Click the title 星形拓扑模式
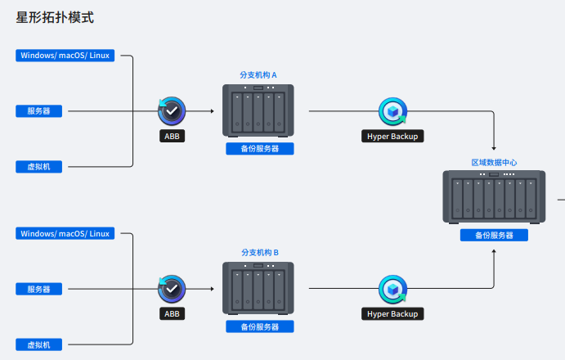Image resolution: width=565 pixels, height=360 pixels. [x=55, y=17]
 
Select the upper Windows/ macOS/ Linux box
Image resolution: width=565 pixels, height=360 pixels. [x=65, y=56]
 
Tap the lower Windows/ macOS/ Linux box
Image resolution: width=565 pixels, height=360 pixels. [x=65, y=233]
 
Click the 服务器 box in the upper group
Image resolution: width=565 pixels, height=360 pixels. [x=39, y=111]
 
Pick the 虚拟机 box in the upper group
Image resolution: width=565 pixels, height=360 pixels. [x=39, y=167]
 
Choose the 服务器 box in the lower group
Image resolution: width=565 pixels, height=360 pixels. [x=39, y=289]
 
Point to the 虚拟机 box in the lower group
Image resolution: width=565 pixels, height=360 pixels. [x=39, y=344]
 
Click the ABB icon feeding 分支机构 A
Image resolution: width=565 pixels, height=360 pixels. [x=172, y=111]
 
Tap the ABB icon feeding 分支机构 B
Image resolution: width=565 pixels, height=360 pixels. [x=172, y=289]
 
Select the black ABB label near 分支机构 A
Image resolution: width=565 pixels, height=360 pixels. [x=173, y=136]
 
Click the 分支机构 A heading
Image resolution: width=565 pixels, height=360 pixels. [x=258, y=75]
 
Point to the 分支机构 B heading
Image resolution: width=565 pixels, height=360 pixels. [x=260, y=253]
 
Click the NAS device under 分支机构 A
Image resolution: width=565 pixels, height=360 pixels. [x=258, y=110]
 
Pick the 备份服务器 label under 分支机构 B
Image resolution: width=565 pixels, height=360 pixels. [x=260, y=326]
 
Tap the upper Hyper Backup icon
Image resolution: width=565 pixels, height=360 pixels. [x=392, y=111]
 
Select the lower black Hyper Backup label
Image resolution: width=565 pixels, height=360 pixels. [x=392, y=314]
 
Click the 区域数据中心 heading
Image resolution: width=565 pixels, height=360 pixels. [x=494, y=163]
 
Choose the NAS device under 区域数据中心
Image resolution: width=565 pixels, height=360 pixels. [x=494, y=197]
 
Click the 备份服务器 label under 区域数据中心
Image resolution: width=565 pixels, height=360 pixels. [x=494, y=235]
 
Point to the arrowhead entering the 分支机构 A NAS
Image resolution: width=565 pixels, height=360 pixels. [x=213, y=111]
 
